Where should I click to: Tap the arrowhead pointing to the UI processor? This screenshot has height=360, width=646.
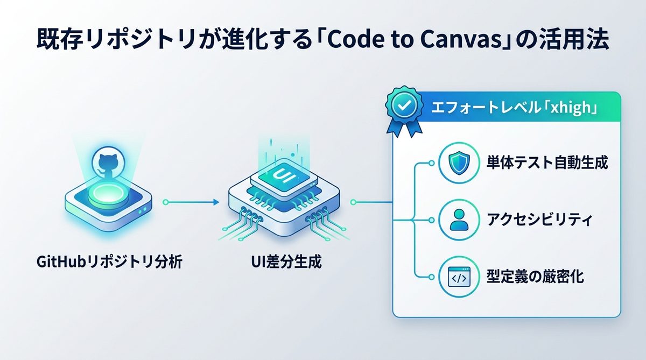tap(215, 202)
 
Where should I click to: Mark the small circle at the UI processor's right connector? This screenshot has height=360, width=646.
tap(353, 203)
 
